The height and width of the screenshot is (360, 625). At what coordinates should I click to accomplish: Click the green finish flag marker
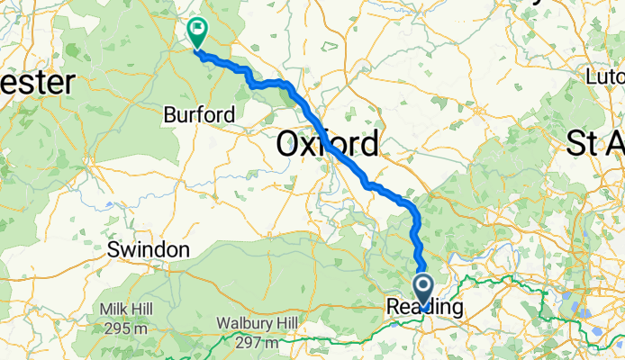point(196,32)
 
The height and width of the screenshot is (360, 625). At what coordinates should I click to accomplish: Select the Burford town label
point(199,115)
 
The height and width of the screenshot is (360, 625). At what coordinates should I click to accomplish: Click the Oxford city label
point(328,143)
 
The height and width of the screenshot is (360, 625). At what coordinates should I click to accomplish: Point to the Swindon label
point(149,249)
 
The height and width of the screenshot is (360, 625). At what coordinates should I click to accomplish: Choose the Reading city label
point(425,308)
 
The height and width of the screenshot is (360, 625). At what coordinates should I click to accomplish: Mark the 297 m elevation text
point(257,342)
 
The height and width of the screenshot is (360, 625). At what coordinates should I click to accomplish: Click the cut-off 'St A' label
point(596,143)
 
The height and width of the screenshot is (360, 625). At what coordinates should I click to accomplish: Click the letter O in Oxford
point(290,143)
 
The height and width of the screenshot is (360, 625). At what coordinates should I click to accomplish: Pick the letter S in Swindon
point(113,249)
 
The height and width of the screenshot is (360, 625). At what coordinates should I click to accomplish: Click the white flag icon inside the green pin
point(196,29)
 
